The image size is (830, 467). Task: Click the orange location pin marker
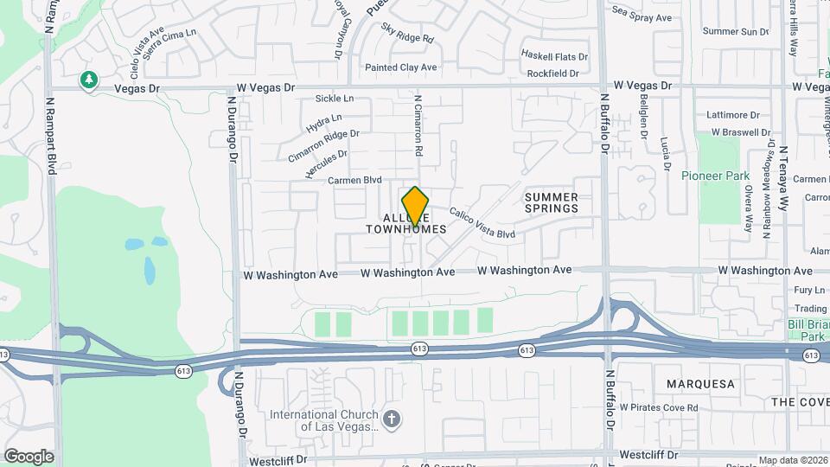[416, 206]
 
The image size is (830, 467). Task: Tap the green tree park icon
[87, 80]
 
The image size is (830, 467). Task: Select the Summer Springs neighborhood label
[551, 203]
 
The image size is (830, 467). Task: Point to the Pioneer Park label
[715, 176]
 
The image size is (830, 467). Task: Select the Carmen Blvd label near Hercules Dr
[354, 180]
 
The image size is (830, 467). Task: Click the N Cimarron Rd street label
[418, 125]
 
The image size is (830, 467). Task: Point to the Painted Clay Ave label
[400, 67]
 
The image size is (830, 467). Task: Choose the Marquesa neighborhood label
[700, 383]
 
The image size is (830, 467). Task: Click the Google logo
[29, 457]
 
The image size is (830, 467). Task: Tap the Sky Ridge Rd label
[406, 37]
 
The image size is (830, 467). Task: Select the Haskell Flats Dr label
[554, 56]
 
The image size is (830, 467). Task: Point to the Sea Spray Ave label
[642, 16]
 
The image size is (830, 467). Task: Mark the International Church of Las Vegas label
[324, 420]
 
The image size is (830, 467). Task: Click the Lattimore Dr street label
[732, 114]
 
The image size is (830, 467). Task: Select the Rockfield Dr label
[552, 74]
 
